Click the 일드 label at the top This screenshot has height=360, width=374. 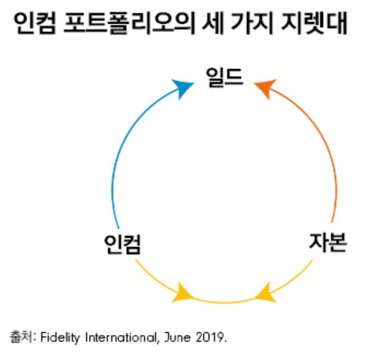pyautogui.click(x=225, y=78)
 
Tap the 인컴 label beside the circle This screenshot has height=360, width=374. pyautogui.click(x=122, y=244)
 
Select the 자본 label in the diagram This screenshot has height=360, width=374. pyautogui.click(x=328, y=243)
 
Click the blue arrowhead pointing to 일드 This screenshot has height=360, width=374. pyautogui.click(x=183, y=88)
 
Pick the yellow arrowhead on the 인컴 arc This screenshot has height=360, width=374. pyautogui.click(x=182, y=293)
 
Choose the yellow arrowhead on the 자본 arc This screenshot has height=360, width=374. pyautogui.click(x=265, y=293)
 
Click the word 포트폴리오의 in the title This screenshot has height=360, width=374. pyautogui.click(x=129, y=23)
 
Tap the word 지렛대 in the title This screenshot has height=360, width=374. pyautogui.click(x=313, y=23)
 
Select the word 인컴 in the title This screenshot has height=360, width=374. pyautogui.click(x=35, y=23)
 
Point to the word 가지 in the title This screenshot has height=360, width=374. pyautogui.click(x=251, y=23)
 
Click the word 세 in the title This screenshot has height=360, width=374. pyautogui.click(x=213, y=23)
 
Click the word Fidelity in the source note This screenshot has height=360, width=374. pyautogui.click(x=60, y=337)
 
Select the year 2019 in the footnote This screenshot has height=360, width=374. pyautogui.click(x=211, y=337)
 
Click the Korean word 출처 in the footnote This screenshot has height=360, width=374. pyautogui.click(x=20, y=337)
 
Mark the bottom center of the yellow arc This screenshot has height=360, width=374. pyautogui.click(x=224, y=302)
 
